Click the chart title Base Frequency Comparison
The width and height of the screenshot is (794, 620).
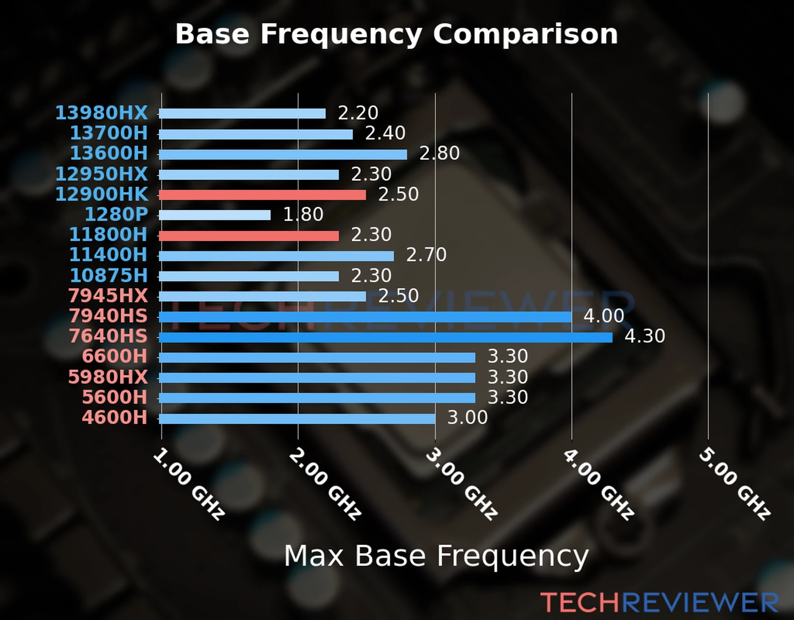(x=396, y=34)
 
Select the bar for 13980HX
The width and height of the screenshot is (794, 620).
(x=242, y=114)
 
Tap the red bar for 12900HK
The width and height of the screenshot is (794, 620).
(x=263, y=195)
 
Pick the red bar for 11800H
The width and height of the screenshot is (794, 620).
(x=249, y=236)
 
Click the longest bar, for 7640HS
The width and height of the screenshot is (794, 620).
(x=386, y=337)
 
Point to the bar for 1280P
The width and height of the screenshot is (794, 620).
(x=215, y=215)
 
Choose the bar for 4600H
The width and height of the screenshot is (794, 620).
(x=297, y=419)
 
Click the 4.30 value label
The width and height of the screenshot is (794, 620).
(x=645, y=336)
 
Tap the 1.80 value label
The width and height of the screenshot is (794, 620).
(x=303, y=214)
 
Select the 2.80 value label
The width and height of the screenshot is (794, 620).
(x=439, y=153)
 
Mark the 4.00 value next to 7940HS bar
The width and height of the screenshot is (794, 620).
(x=604, y=316)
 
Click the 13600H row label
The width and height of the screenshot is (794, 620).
(x=109, y=153)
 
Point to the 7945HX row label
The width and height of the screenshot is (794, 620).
(x=108, y=296)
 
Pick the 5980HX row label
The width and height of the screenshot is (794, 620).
(x=108, y=377)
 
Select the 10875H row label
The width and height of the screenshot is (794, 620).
(x=109, y=275)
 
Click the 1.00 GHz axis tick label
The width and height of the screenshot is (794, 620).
(x=189, y=484)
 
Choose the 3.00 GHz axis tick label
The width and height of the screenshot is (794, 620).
(x=462, y=484)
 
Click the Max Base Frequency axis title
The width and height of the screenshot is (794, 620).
(x=436, y=556)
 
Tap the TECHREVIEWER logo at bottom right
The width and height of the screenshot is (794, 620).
(x=659, y=603)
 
